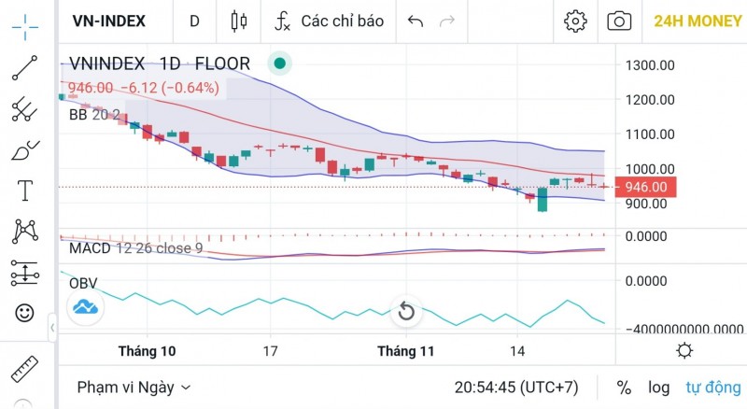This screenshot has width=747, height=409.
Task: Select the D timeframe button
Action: [x=194, y=21]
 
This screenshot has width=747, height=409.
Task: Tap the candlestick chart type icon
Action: [x=238, y=21]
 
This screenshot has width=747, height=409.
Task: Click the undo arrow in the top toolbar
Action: [x=416, y=21]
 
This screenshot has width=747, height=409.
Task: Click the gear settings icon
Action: [x=575, y=21]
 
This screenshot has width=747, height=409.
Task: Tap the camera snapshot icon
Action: [x=618, y=21]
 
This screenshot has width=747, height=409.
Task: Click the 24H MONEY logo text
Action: [x=698, y=21]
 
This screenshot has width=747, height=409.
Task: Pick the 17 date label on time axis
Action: [x=271, y=352]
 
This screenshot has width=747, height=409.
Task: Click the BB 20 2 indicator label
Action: [x=94, y=116]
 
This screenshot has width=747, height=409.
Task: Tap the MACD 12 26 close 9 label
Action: [x=135, y=248]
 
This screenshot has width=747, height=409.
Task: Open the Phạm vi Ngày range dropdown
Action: [x=134, y=387]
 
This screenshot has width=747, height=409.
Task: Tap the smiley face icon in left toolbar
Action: [x=24, y=312]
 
